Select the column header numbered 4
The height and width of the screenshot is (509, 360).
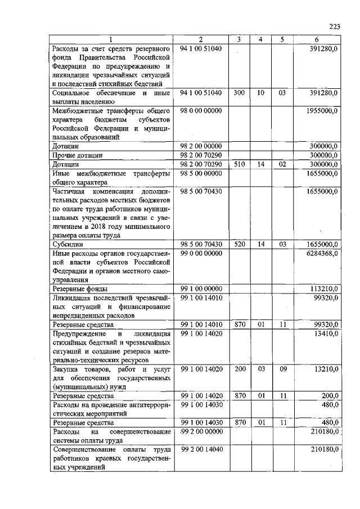pos(260,39)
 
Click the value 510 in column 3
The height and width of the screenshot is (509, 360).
pos(238,164)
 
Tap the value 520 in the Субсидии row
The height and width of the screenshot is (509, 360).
pos(238,245)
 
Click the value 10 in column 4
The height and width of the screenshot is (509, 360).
pos(260,92)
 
